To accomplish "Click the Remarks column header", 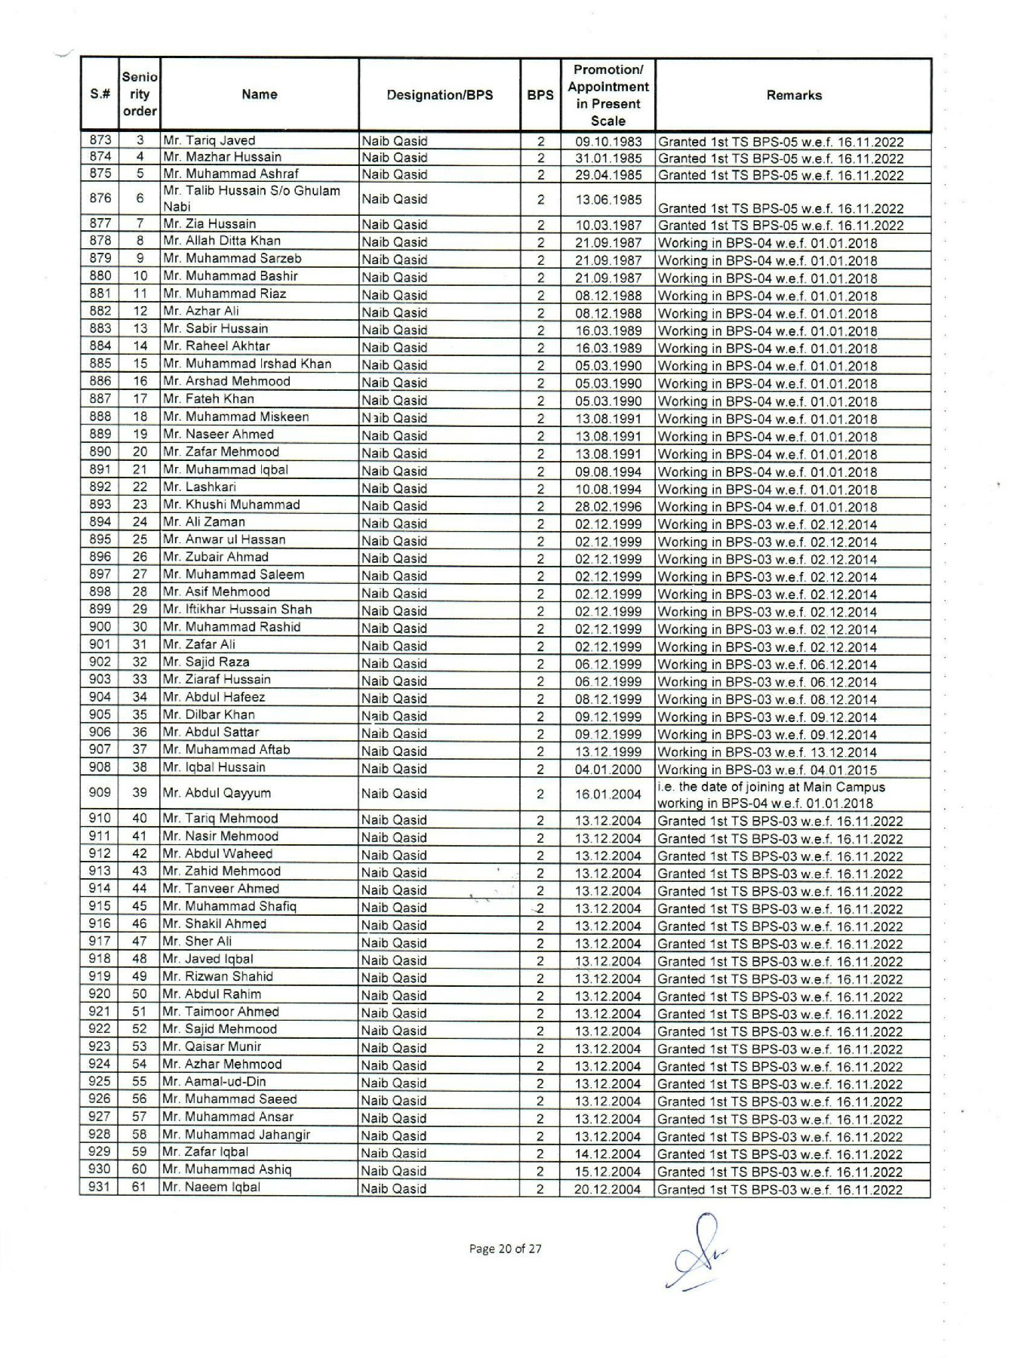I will click(x=793, y=95).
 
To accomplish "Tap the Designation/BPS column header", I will click(x=439, y=95).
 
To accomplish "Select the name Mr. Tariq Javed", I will click(x=210, y=140).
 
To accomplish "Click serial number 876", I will click(x=100, y=198).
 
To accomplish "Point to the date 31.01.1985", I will click(x=608, y=158).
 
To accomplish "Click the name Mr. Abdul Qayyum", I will click(x=217, y=793).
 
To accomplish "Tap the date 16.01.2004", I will click(x=608, y=794).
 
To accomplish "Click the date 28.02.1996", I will click(x=608, y=507).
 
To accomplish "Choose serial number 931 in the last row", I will click(x=100, y=1187).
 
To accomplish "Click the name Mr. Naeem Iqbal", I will click(x=212, y=1187).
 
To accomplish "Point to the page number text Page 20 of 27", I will click(x=505, y=1249).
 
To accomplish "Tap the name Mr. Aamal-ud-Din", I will click(x=215, y=1082).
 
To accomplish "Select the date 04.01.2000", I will click(x=608, y=770).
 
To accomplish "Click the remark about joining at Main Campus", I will click(x=771, y=794).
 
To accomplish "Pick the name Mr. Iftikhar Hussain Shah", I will click(x=238, y=610).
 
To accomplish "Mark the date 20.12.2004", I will click(x=608, y=1189).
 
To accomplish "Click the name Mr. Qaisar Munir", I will click(x=213, y=1046).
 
